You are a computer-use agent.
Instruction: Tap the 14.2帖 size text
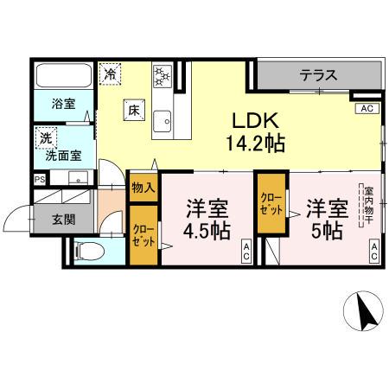(x=254, y=143)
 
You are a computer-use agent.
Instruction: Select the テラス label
(x=317, y=76)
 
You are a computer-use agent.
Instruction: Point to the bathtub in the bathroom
(x=63, y=76)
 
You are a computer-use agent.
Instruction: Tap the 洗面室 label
(x=63, y=156)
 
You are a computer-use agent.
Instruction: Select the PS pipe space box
(x=40, y=179)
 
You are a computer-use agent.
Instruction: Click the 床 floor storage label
(x=134, y=111)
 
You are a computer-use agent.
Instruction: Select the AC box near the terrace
(x=367, y=109)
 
